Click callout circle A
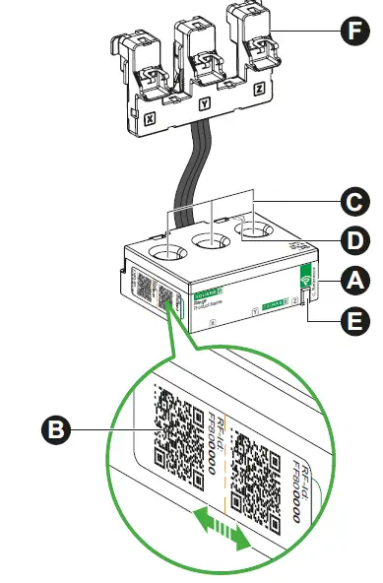click(x=352, y=280)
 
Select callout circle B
click(x=56, y=428)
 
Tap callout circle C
click(x=352, y=204)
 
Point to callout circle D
click(x=352, y=240)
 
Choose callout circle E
click(x=352, y=319)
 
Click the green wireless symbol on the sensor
click(x=306, y=280)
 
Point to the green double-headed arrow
click(x=220, y=528)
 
